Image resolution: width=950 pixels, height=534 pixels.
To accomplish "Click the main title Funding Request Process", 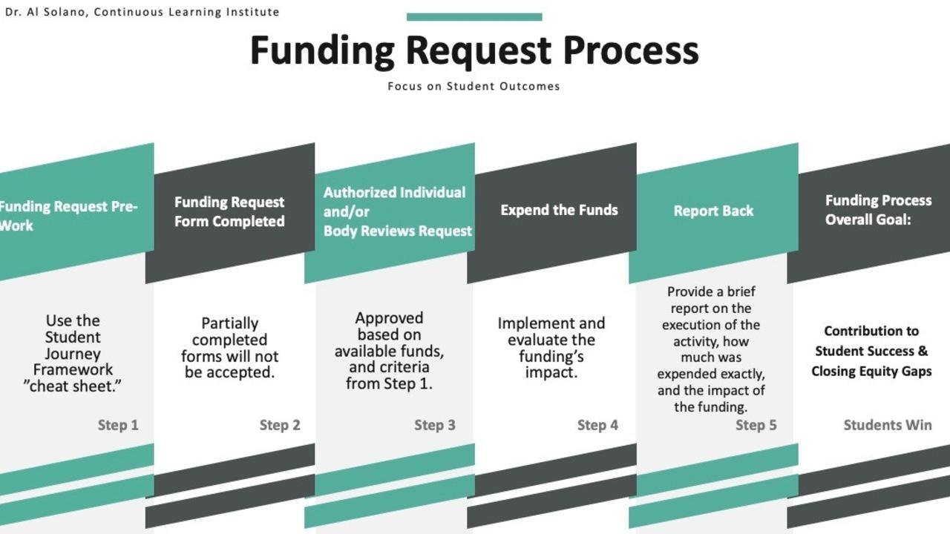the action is click(x=474, y=50).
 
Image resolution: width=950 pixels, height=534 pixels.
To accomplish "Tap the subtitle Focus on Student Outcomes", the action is click(x=474, y=86).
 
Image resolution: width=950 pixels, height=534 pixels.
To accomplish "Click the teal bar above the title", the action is click(x=474, y=17).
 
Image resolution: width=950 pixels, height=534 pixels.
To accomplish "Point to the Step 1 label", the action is click(x=118, y=425).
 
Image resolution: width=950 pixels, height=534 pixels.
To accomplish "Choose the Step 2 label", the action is click(x=280, y=425).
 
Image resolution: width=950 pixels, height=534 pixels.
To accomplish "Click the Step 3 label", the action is click(x=435, y=425).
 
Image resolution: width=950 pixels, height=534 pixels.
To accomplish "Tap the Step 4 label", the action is click(x=597, y=425).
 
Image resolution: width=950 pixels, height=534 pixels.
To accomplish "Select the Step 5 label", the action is click(x=756, y=425).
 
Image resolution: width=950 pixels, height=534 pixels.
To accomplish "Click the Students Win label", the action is click(x=888, y=425).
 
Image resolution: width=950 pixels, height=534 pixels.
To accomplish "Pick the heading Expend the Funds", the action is click(x=559, y=210).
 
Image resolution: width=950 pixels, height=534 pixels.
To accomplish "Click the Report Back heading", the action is click(x=713, y=211).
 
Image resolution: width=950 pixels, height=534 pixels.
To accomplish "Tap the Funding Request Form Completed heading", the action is click(x=229, y=211).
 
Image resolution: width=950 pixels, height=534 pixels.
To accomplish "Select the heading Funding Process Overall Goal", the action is click(x=878, y=210).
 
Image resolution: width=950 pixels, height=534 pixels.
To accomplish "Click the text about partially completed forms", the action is click(x=230, y=348).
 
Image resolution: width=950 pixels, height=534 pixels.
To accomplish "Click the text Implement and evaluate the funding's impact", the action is click(x=551, y=348).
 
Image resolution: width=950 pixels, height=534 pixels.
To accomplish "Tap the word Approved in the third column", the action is click(x=389, y=318).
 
